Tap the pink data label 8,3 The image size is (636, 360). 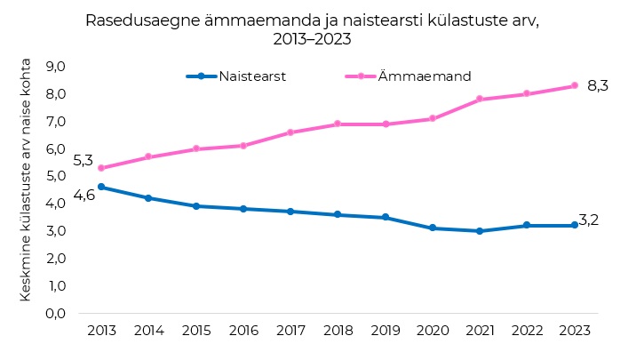(598, 86)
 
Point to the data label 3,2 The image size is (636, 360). (588, 220)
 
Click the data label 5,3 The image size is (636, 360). (83, 161)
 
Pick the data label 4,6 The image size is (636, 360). (84, 195)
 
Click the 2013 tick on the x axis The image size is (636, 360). (101, 331)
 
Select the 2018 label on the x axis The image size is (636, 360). (338, 331)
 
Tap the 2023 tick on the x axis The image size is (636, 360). (575, 331)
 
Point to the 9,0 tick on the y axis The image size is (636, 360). (57, 67)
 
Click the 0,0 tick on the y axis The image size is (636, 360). (57, 314)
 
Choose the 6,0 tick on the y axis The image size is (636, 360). (57, 149)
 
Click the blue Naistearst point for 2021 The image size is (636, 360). (480, 231)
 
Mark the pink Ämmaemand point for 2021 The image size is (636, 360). (480, 99)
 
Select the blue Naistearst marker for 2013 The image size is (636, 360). (101, 187)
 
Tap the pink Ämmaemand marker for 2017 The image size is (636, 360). (290, 132)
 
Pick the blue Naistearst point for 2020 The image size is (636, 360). (433, 228)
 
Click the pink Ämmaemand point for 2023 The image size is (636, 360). (575, 85)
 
